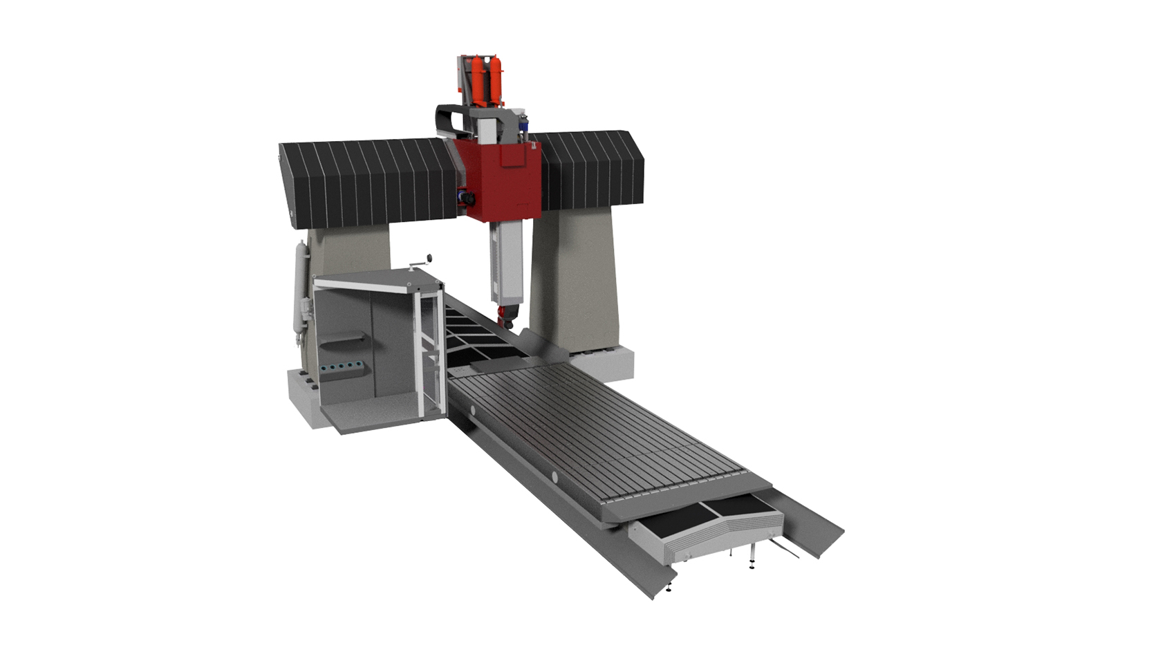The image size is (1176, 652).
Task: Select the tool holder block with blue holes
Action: [343, 368]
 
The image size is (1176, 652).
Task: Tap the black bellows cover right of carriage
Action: [591, 169]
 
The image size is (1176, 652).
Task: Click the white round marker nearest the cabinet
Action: [474, 411]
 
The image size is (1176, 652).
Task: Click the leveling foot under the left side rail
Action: [669, 590]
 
